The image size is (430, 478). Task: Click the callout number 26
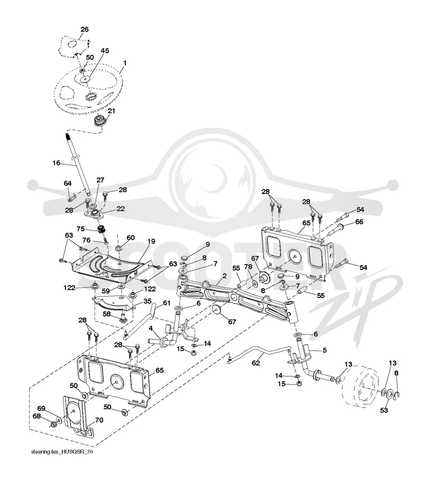click(x=84, y=29)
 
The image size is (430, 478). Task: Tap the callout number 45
click(x=105, y=51)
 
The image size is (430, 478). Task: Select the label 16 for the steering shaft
click(x=56, y=163)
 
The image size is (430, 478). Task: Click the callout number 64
click(x=67, y=183)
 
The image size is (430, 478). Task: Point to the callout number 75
click(x=81, y=229)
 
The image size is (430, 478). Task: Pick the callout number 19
click(x=151, y=241)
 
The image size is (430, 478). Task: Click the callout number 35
click(x=147, y=301)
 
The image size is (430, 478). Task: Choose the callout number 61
click(x=167, y=303)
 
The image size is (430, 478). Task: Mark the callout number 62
click(x=256, y=363)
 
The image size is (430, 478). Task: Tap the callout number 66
click(x=359, y=222)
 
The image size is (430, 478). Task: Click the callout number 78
click(x=248, y=266)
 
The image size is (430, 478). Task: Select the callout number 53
click(x=384, y=410)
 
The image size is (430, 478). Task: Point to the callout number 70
click(x=99, y=420)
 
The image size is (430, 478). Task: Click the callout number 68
click(x=37, y=416)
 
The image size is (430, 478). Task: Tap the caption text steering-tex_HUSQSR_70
click(x=62, y=452)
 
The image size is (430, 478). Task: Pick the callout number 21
click(x=112, y=111)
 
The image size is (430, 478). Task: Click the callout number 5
click(x=325, y=350)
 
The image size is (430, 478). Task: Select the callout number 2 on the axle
click(x=224, y=276)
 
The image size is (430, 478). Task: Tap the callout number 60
click(x=131, y=238)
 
